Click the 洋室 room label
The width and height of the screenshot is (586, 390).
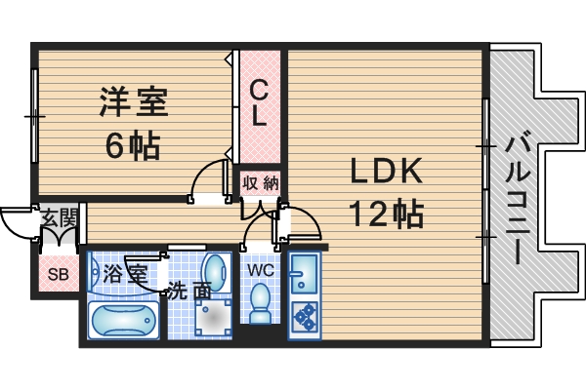click(135, 101)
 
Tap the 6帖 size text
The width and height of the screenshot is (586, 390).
click(133, 146)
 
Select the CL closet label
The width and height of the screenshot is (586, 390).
click(258, 103)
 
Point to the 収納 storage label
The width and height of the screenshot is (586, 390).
click(261, 182)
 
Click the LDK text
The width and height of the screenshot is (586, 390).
click(387, 172)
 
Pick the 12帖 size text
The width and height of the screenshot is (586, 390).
click(388, 213)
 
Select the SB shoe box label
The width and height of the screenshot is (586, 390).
click(59, 274)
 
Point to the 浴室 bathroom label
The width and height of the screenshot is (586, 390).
click(124, 272)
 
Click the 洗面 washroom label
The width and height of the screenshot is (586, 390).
click(188, 290)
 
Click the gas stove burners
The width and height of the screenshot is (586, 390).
click(304, 316)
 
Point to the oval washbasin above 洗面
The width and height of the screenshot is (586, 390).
click(213, 268)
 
